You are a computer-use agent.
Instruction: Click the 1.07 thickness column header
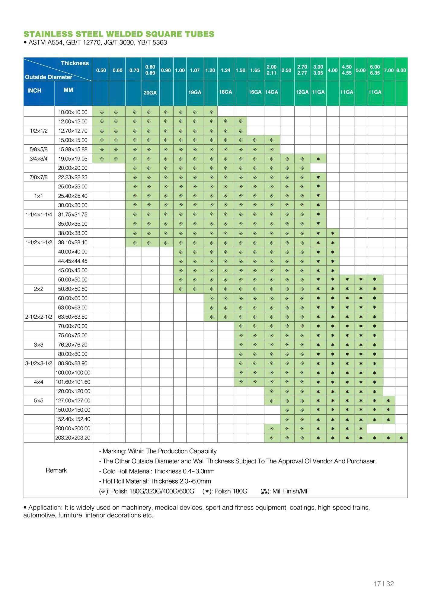click(x=195, y=70)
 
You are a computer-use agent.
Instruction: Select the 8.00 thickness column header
click(x=401, y=70)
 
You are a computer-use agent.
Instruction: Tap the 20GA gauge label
click(x=150, y=93)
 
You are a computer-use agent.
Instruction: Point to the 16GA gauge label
click(x=255, y=92)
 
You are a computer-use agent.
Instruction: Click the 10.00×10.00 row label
click(x=73, y=112)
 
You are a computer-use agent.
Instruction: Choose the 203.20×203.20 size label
click(x=73, y=438)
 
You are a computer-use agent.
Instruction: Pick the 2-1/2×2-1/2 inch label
click(x=39, y=317)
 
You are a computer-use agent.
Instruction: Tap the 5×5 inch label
click(x=39, y=400)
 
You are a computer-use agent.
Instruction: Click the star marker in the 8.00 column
click(x=401, y=438)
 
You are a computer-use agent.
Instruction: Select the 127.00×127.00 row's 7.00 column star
click(x=388, y=400)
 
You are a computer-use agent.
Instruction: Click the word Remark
click(x=56, y=470)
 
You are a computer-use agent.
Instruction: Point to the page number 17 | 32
click(x=384, y=584)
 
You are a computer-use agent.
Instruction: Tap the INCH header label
click(x=34, y=91)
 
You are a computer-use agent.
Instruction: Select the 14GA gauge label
click(x=272, y=92)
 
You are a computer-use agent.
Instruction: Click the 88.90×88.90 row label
click(x=73, y=363)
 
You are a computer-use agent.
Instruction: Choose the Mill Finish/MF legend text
click(x=291, y=491)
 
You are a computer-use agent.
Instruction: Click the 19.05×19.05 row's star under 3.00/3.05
click(x=318, y=159)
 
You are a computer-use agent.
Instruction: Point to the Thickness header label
click(x=75, y=63)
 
